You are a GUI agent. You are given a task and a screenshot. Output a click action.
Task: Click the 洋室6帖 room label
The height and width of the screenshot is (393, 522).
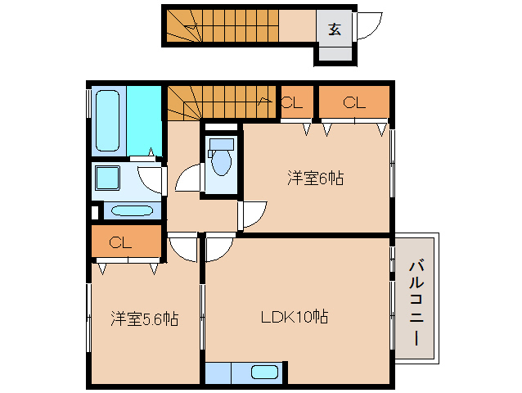[x=314, y=177]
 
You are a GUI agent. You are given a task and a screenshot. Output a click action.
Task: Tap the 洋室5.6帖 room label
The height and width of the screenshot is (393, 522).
[x=145, y=318]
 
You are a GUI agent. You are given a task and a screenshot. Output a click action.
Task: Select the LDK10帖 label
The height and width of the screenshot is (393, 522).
[x=295, y=317]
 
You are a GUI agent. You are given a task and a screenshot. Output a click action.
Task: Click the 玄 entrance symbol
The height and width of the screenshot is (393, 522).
[x=335, y=29]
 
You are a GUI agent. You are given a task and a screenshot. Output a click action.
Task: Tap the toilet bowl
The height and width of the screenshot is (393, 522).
[x=221, y=160]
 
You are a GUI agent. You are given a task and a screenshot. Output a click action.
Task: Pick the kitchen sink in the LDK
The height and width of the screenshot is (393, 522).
[x=264, y=373]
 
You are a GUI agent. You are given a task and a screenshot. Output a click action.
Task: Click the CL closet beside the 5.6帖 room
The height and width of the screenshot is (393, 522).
[x=124, y=242]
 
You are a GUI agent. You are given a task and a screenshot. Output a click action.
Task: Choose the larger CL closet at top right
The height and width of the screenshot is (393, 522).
[x=353, y=102]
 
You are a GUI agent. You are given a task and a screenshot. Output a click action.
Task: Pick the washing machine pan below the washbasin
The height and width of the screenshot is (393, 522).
[x=131, y=210]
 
